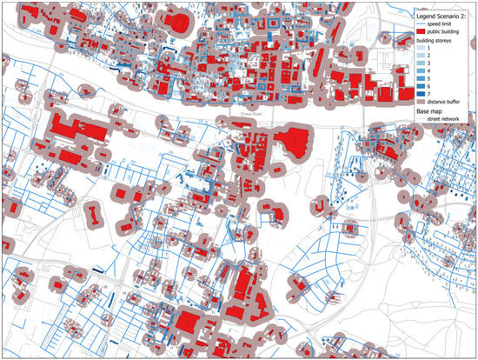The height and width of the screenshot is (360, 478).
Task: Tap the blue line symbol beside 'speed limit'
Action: tap(421, 23)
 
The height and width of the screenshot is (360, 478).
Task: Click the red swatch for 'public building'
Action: tap(422, 31)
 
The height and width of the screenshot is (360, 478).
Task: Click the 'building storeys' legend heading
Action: tap(435, 41)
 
